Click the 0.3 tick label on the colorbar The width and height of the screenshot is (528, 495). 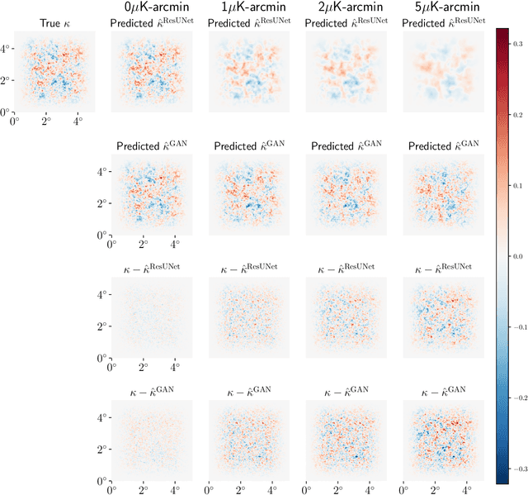(x=518, y=39)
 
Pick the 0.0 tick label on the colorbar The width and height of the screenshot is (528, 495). (x=518, y=257)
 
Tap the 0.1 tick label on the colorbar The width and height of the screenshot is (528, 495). (x=518, y=184)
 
